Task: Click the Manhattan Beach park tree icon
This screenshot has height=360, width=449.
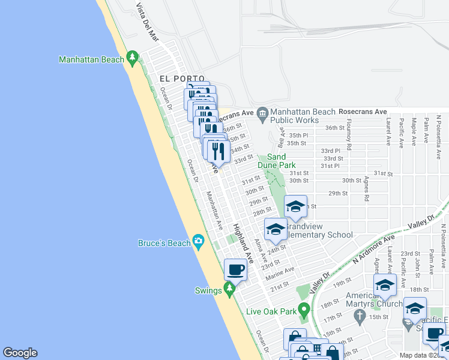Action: pyautogui.click(x=133, y=59)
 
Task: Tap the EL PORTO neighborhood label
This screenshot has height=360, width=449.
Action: pyautogui.click(x=178, y=79)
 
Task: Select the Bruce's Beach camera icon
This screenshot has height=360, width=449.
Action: pyautogui.click(x=199, y=242)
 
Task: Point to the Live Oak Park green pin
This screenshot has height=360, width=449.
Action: pyautogui.click(x=304, y=311)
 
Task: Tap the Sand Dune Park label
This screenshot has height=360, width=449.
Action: pyautogui.click(x=277, y=160)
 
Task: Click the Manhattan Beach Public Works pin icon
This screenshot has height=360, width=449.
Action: pyautogui.click(x=262, y=112)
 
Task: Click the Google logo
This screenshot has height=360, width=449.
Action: pyautogui.click(x=20, y=353)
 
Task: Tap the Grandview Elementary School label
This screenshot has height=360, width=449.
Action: pyautogui.click(x=318, y=231)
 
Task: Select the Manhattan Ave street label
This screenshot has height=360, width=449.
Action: pyautogui.click(x=214, y=211)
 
